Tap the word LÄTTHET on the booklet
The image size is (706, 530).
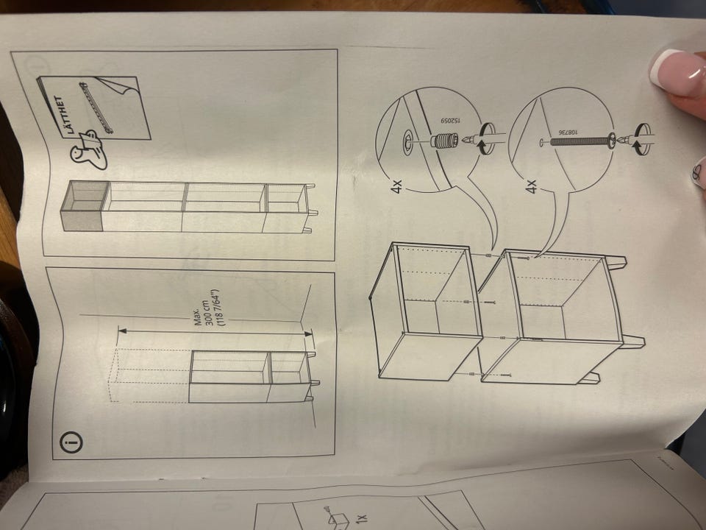(x=64, y=115)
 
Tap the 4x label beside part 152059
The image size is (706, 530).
(x=396, y=186)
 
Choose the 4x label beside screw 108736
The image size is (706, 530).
(x=531, y=186)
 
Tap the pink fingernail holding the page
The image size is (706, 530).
(x=677, y=73)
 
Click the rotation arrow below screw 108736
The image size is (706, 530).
(x=641, y=139)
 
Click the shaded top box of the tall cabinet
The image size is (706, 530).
(x=85, y=205)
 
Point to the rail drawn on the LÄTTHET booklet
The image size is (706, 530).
(x=96, y=107)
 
